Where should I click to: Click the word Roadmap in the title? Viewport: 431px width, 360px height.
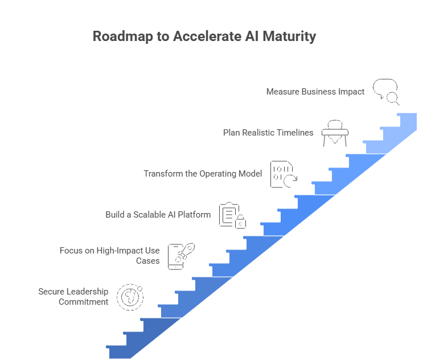117,37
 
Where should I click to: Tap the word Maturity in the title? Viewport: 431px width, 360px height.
289,37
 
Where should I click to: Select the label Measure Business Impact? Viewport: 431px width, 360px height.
315,91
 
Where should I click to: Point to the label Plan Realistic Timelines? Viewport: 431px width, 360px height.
268,133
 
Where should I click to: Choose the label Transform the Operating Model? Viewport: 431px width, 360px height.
203,174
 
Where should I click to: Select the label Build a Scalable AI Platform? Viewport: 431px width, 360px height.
158,215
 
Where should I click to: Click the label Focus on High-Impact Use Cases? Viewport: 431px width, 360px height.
109,255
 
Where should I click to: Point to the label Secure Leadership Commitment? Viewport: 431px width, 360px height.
73,296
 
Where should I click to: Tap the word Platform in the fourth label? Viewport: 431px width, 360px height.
195,215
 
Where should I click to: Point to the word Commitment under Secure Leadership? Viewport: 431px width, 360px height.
83,301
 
